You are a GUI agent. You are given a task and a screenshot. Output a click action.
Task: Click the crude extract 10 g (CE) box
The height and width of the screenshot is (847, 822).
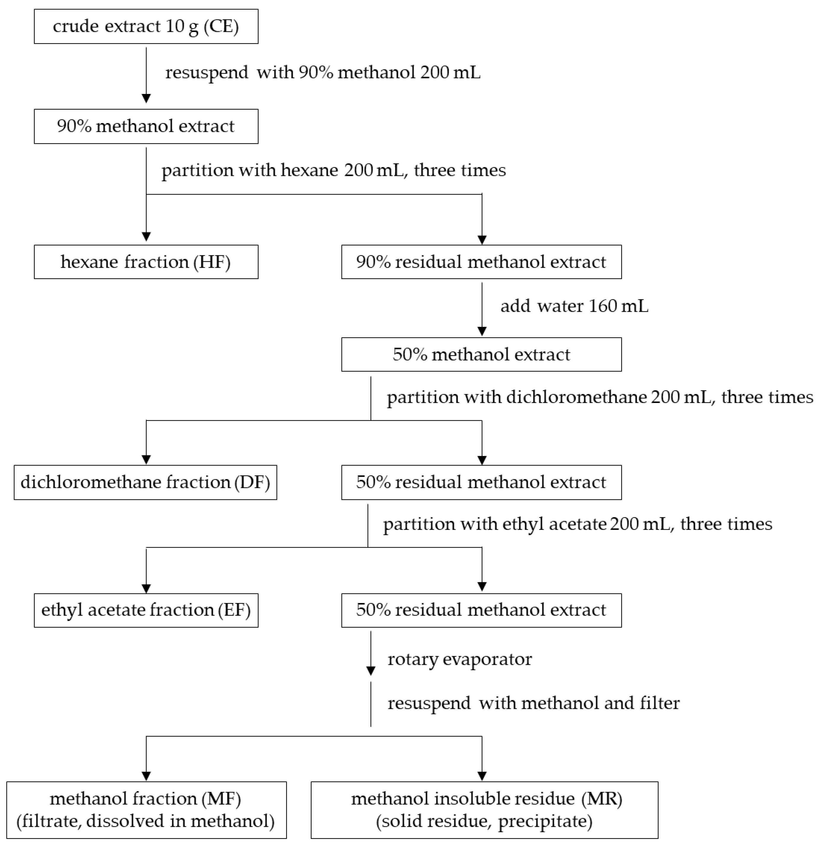point(146,26)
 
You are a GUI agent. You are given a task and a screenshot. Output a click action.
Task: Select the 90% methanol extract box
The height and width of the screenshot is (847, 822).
point(146,126)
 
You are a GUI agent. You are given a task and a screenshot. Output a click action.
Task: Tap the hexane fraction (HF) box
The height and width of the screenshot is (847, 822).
point(146,262)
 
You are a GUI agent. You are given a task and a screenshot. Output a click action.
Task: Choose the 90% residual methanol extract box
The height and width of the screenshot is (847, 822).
point(481,262)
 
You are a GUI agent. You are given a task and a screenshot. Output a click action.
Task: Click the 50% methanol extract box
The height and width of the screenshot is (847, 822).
point(481,354)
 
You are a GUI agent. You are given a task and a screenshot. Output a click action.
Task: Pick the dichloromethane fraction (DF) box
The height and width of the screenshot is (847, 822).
point(145,482)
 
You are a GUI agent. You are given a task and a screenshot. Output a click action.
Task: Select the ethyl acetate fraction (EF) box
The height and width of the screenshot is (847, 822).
point(146,610)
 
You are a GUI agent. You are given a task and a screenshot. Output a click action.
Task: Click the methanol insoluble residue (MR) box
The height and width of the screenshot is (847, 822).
point(484,810)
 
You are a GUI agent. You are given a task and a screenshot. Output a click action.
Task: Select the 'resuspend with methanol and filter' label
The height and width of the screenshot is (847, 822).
point(534,703)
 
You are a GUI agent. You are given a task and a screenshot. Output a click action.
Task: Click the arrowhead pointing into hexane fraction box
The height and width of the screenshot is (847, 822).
point(146,237)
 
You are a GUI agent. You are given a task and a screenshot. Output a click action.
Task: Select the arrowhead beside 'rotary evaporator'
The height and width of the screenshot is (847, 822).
point(371,671)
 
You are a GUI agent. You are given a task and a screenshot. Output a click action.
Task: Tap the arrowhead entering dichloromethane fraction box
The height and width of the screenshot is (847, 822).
point(146,460)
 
